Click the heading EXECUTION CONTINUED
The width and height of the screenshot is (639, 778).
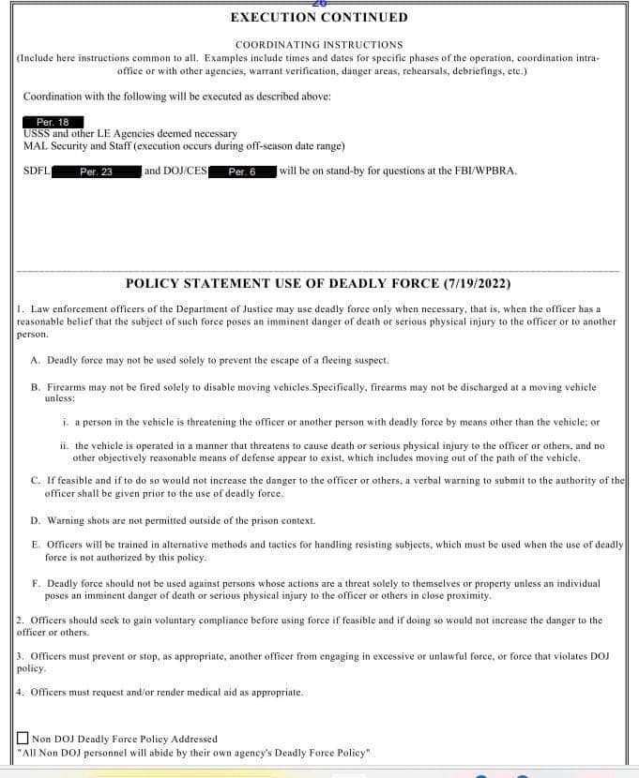[319, 17]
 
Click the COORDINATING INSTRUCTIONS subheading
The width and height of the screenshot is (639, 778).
[319, 44]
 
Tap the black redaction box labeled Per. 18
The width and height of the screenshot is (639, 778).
[53, 123]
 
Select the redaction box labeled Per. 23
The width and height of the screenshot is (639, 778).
[96, 172]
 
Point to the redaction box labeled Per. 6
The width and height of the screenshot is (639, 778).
[242, 172]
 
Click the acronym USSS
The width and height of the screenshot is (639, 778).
[37, 134]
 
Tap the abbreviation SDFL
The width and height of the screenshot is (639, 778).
[37, 172]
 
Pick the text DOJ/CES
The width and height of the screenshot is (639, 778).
[183, 172]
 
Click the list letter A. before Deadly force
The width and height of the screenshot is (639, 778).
[36, 360]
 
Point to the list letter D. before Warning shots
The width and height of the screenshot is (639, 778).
[36, 520]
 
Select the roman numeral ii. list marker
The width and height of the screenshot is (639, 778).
[65, 446]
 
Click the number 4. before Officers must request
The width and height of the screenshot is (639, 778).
[22, 692]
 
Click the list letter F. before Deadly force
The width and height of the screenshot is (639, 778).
[36, 583]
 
